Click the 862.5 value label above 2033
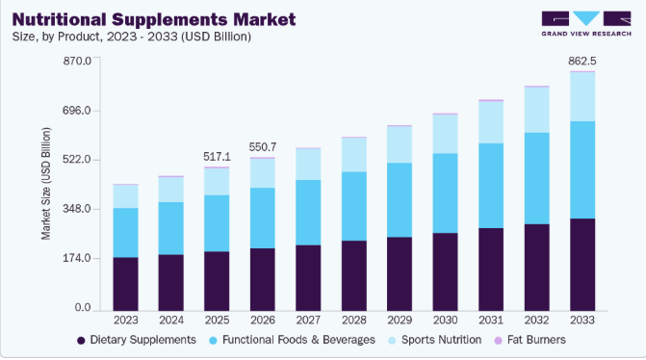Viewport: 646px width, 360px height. [x=582, y=61]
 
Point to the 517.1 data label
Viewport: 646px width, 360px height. [x=218, y=157]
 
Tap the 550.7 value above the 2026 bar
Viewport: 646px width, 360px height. [x=263, y=147]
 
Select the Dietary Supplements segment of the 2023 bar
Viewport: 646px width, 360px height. [x=126, y=284]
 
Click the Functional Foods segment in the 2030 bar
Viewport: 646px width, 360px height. [x=445, y=193]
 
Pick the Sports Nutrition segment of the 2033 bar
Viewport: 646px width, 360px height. [x=582, y=97]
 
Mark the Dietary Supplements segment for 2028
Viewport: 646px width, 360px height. [x=354, y=276]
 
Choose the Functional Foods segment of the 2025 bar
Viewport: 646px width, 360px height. [x=217, y=223]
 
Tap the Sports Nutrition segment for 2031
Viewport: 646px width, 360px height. [x=491, y=122]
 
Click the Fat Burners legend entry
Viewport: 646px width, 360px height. [x=530, y=340]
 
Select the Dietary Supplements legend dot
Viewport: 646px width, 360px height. [x=81, y=341]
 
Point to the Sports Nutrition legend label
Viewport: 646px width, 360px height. [x=441, y=340]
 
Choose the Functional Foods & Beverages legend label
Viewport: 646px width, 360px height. [x=298, y=340]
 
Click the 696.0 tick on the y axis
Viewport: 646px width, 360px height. [x=77, y=111]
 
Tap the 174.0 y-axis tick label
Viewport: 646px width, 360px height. [x=77, y=258]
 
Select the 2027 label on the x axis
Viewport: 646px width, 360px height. [x=308, y=320]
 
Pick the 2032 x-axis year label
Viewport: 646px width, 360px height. [x=536, y=320]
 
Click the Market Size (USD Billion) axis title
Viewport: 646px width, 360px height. [x=46, y=184]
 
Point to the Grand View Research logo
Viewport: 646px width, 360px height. [x=586, y=24]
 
